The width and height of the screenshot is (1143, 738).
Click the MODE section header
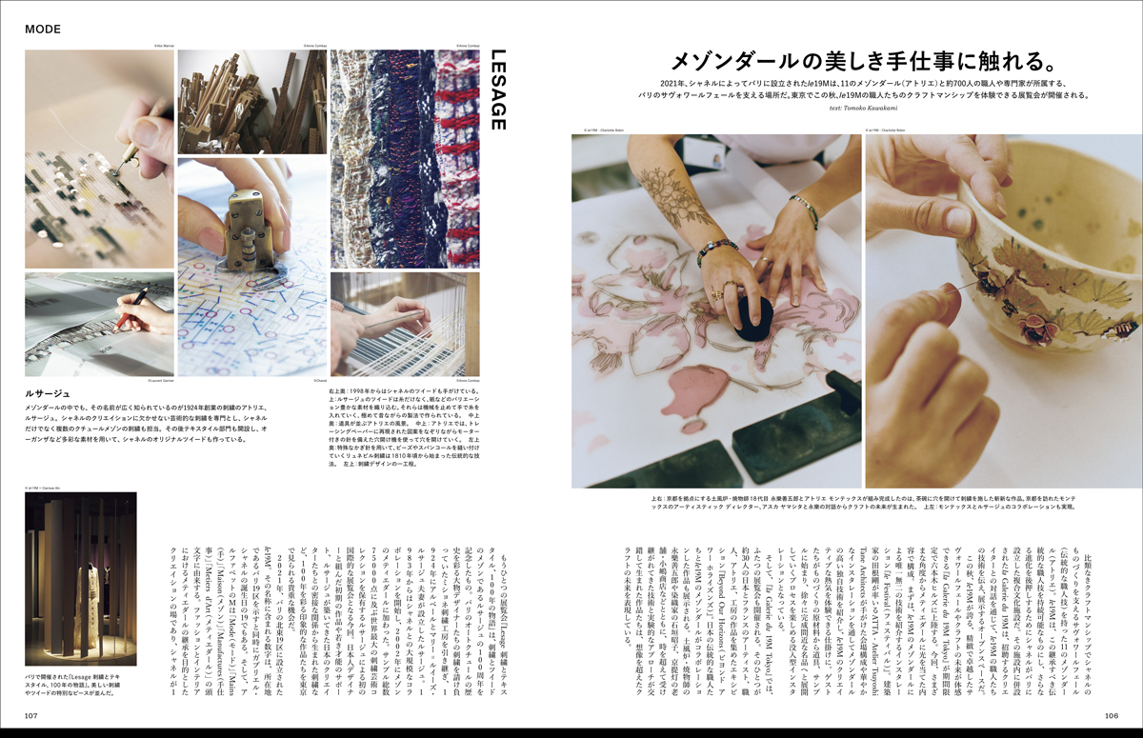point(43,29)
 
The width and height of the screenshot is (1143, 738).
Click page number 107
point(30,715)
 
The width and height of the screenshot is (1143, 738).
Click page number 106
point(1111,715)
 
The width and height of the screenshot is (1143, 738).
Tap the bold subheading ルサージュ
point(48,391)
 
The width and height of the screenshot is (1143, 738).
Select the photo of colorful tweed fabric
point(405,157)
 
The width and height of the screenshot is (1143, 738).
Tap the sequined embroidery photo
point(99,157)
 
